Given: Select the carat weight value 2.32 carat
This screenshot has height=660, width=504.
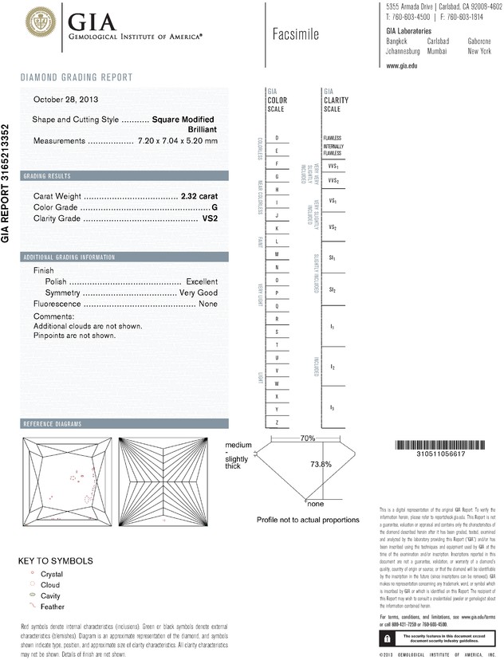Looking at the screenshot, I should click(x=199, y=194).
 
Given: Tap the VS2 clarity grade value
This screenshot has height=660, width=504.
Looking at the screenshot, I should click(x=210, y=218).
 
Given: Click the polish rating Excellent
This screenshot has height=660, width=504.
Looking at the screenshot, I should click(x=202, y=282).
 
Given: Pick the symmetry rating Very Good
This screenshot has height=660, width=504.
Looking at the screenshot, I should click(x=198, y=293).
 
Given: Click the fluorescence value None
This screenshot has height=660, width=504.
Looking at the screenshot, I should click(x=208, y=304).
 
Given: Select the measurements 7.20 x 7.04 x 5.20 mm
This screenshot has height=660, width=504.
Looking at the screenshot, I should click(x=177, y=140).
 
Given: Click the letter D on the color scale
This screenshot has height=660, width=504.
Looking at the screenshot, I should click(x=277, y=138).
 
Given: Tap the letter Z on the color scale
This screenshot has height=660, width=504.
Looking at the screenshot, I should click(x=277, y=422).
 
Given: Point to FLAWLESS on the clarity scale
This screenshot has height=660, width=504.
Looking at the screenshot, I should click(x=332, y=138).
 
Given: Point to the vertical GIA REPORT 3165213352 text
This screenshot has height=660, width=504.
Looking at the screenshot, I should click(x=6, y=183).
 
